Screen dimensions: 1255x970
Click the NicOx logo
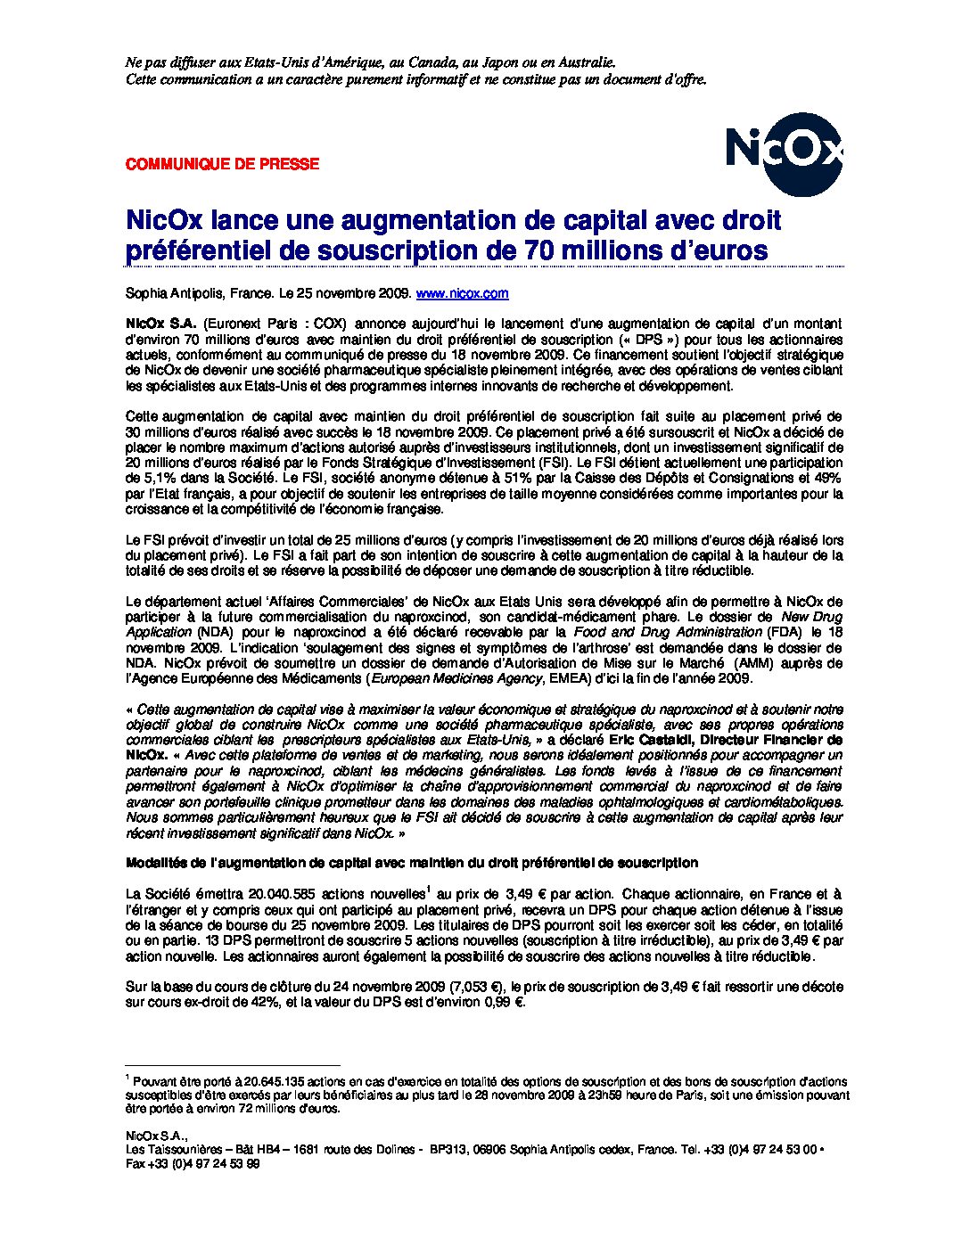(x=783, y=152)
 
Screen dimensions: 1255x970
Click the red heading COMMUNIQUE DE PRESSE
(x=222, y=164)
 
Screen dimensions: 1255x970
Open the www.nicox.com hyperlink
(x=463, y=293)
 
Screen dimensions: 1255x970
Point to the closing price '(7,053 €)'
(x=478, y=987)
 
